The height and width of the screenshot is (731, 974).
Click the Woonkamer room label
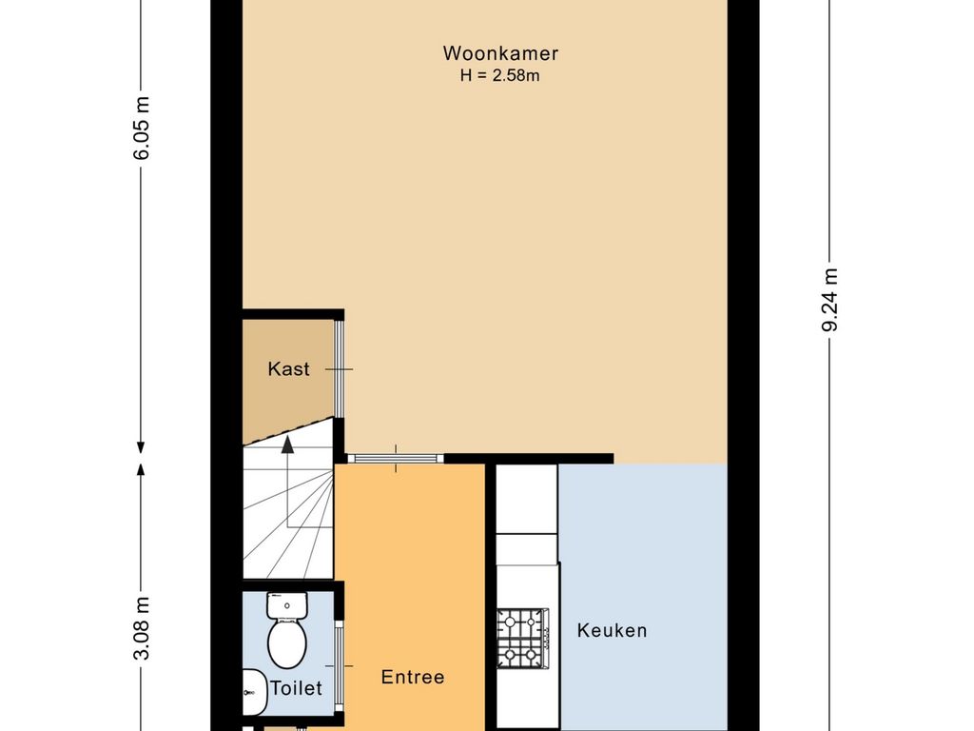pyautogui.click(x=500, y=53)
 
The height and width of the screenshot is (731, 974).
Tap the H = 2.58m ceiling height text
pyautogui.click(x=500, y=76)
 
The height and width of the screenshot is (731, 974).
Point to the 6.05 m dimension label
pyautogui.click(x=142, y=128)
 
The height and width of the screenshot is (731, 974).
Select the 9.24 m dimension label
pyautogui.click(x=829, y=300)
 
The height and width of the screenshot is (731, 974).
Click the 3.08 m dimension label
pyautogui.click(x=142, y=628)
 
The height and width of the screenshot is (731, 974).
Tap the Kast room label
pyautogui.click(x=288, y=369)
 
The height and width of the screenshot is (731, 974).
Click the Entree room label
pyautogui.click(x=413, y=677)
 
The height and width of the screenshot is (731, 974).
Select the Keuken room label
pyautogui.click(x=612, y=630)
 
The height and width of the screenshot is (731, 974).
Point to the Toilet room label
pyautogui.click(x=297, y=688)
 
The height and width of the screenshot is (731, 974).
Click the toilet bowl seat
pyautogui.click(x=287, y=643)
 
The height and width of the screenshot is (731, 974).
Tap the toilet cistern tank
pyautogui.click(x=287, y=604)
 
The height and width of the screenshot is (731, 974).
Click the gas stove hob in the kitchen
pyautogui.click(x=523, y=639)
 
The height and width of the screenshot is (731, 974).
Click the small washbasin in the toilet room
pyautogui.click(x=253, y=692)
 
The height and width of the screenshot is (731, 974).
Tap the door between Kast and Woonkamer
pyautogui.click(x=340, y=369)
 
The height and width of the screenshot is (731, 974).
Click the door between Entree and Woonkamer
pyautogui.click(x=396, y=459)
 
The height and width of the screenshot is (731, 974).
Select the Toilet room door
pyautogui.click(x=340, y=666)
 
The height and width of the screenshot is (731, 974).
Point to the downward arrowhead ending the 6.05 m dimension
pyautogui.click(x=141, y=447)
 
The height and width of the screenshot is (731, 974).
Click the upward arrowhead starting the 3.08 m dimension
pyautogui.click(x=141, y=468)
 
